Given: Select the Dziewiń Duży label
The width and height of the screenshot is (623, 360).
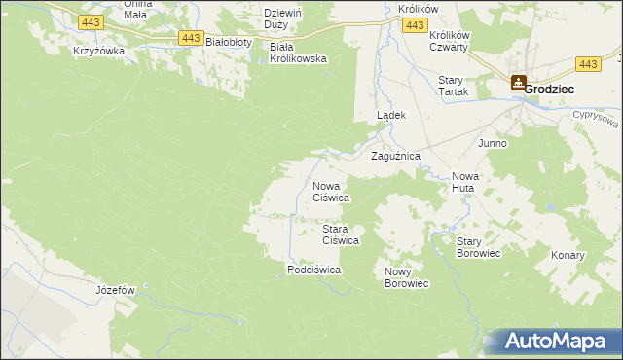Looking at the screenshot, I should (x=287, y=18).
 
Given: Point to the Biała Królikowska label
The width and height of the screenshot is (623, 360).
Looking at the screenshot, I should (x=298, y=52).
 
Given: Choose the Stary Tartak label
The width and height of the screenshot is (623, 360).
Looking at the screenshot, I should (x=454, y=86).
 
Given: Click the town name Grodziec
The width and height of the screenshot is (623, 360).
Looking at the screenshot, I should (x=550, y=88).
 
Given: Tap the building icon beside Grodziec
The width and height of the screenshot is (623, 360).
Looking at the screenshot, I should (x=518, y=85).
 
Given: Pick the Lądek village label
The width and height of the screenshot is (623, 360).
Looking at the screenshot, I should (x=391, y=115).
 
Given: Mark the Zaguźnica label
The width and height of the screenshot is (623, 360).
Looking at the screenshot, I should (x=395, y=155).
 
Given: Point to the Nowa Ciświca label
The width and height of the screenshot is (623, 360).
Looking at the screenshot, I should (x=331, y=191).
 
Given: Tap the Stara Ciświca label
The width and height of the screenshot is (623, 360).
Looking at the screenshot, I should (x=342, y=234).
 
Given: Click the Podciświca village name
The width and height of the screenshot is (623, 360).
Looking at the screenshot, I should (x=313, y=270).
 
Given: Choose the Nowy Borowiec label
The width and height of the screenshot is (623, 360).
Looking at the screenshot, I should (x=406, y=277).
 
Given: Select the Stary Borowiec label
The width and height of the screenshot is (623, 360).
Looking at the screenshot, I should (x=478, y=246).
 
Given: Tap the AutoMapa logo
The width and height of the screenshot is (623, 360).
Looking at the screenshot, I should (x=556, y=342).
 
